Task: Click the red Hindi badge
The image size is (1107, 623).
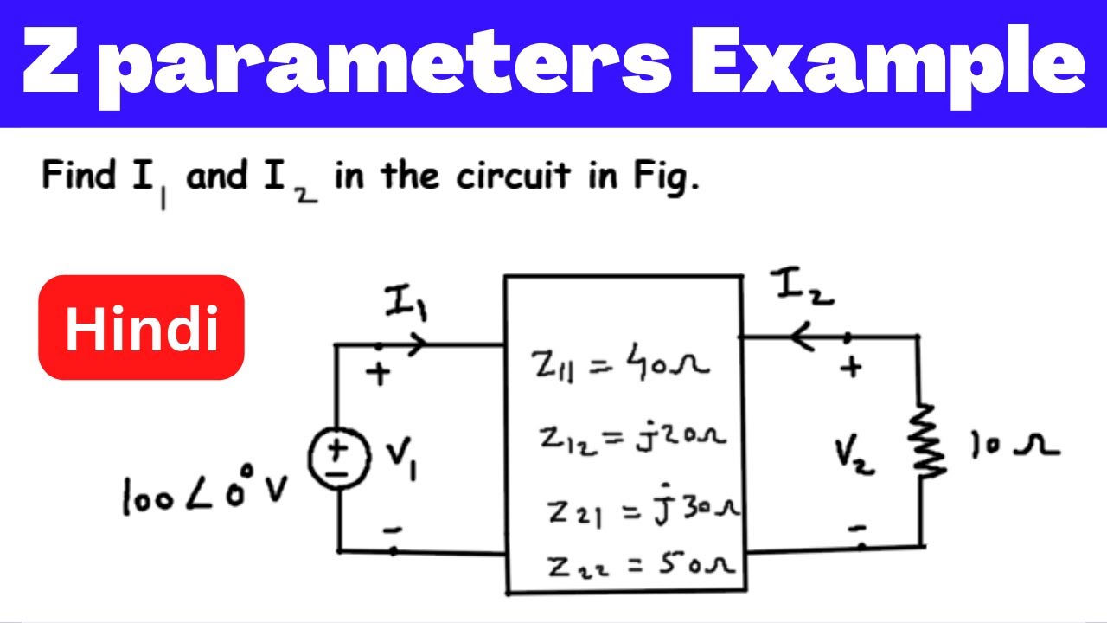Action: click(141, 327)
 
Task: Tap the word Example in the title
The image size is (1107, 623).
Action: click(888, 64)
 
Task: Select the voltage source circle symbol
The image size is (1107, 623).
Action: click(339, 459)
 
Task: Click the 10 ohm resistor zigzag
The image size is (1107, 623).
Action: click(926, 441)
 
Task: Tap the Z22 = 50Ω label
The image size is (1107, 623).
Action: click(641, 565)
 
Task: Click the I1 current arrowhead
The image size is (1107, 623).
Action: click(418, 344)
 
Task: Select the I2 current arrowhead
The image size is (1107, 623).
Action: click(801, 337)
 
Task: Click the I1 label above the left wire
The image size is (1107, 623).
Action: click(406, 302)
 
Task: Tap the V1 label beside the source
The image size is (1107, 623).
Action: click(401, 458)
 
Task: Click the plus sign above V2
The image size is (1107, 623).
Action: click(851, 368)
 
